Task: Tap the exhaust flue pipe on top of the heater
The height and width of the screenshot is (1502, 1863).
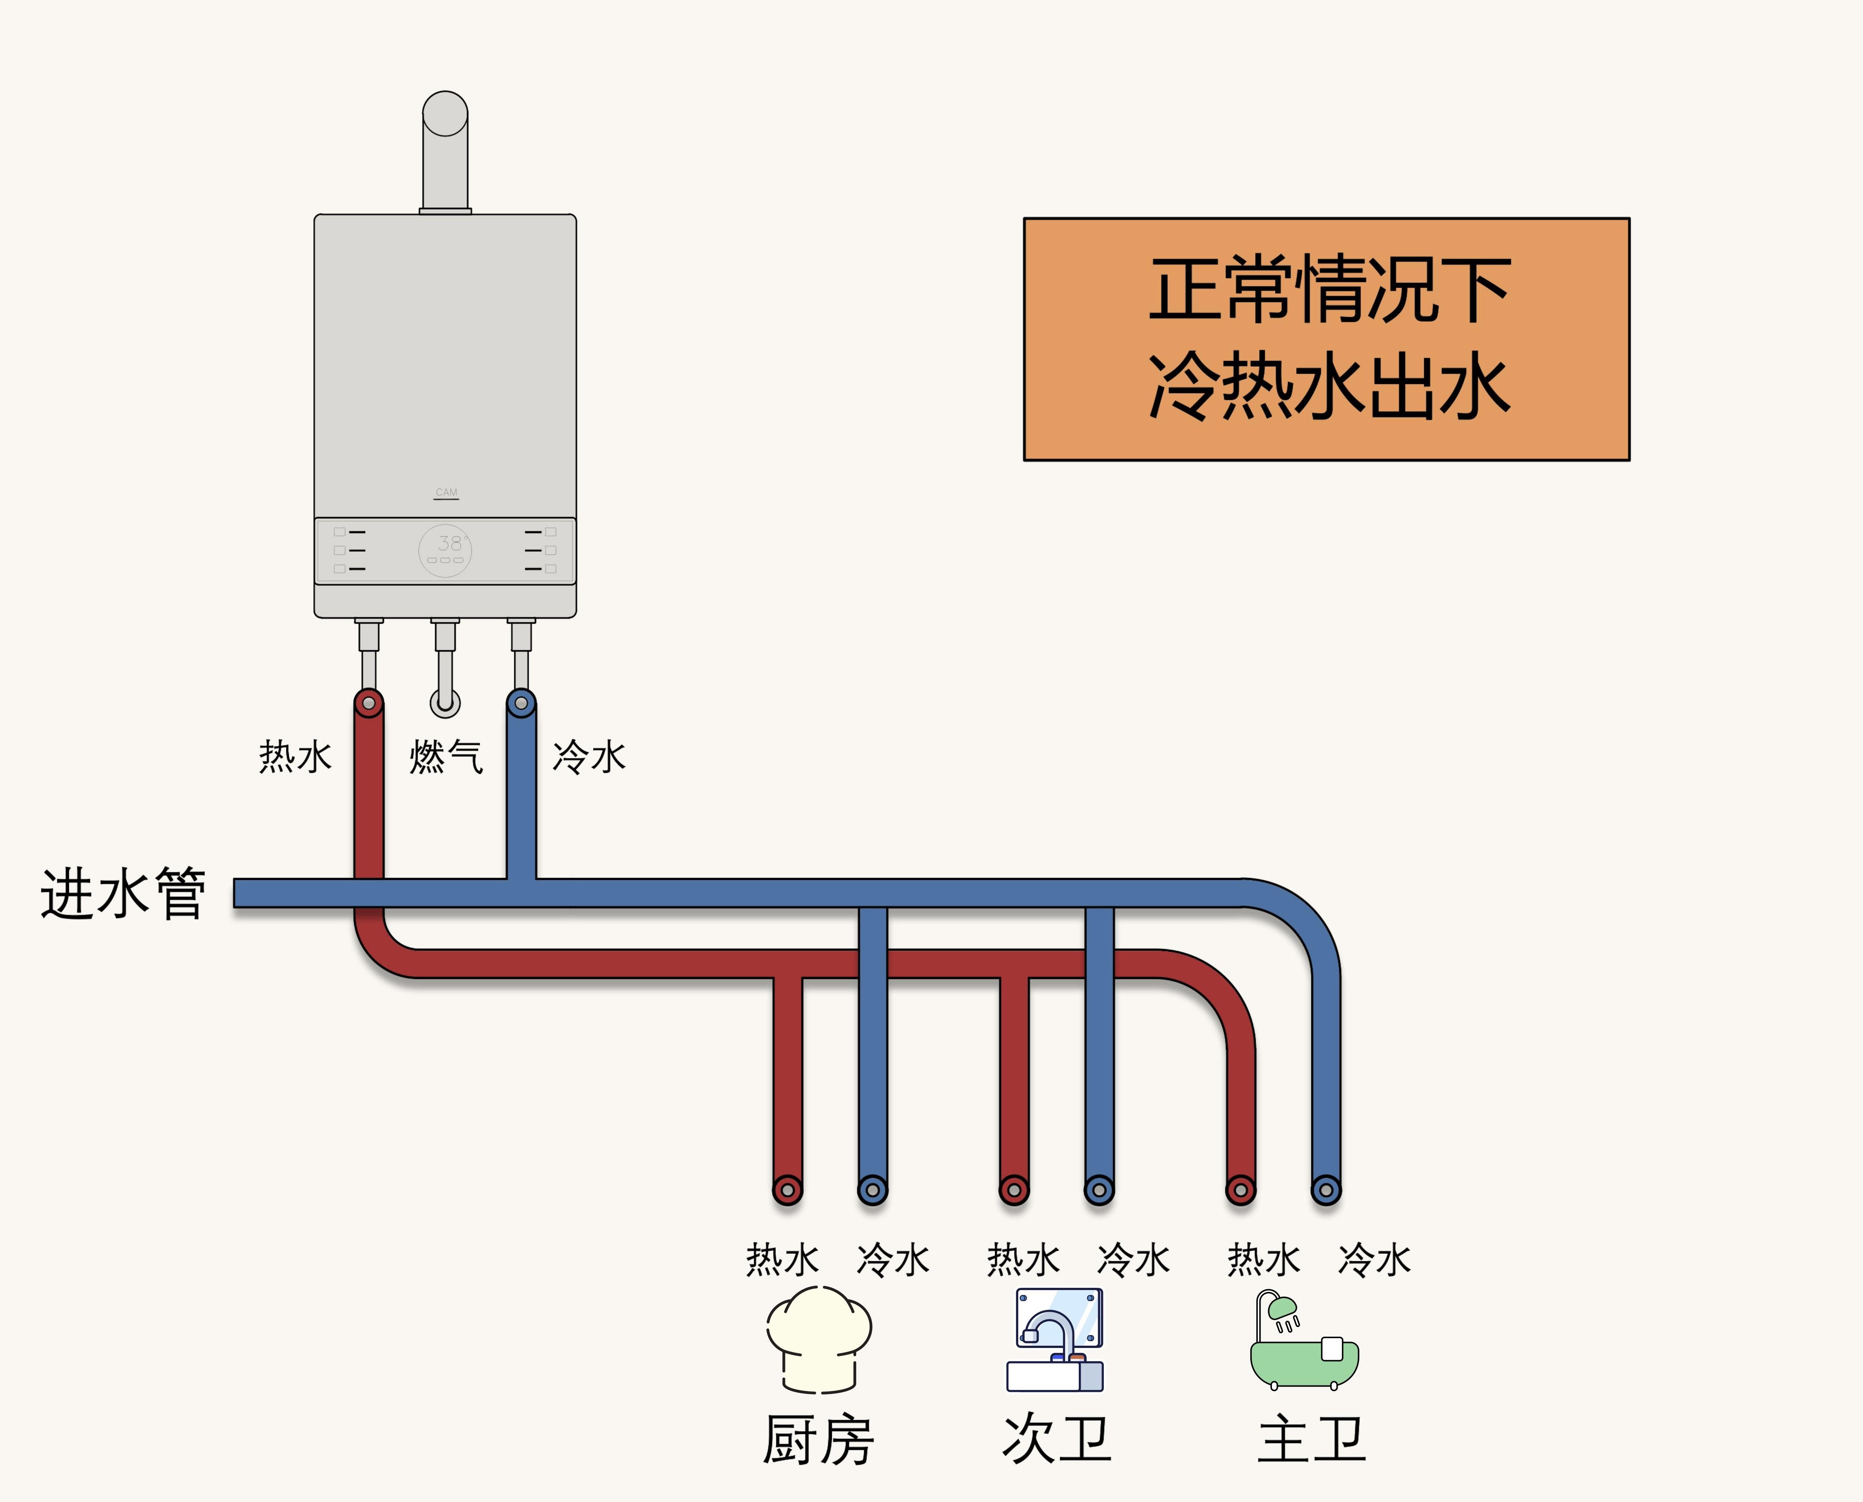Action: tap(445, 151)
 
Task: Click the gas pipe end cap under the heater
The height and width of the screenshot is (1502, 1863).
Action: tap(445, 702)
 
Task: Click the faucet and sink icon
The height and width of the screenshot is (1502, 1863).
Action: tap(1055, 1339)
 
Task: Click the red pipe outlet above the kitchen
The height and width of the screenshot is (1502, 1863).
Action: tap(788, 1190)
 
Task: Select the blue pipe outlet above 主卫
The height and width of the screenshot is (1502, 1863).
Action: tap(1326, 1190)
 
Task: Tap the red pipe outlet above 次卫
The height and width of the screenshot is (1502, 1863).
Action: tap(1014, 1190)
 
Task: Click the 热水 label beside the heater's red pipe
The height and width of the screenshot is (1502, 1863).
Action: tap(295, 756)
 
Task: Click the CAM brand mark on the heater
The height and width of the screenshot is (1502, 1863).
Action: tap(446, 492)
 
